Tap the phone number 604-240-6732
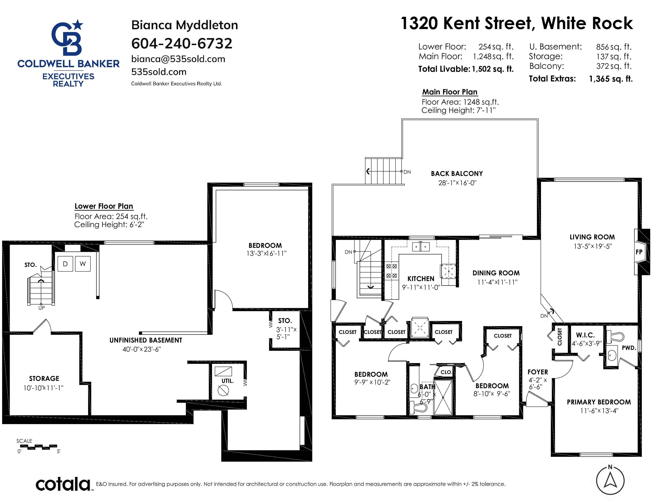pyautogui.click(x=182, y=44)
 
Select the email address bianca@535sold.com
pyautogui.click(x=178, y=59)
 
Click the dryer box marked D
pyautogui.click(x=65, y=264)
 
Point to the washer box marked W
pyautogui.click(x=83, y=264)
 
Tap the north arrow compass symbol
pyautogui.click(x=610, y=480)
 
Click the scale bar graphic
pyautogui.click(x=38, y=447)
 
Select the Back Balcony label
pyautogui.click(x=457, y=174)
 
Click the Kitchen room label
pyautogui.click(x=421, y=278)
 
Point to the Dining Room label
pyautogui.click(x=496, y=273)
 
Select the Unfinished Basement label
pyautogui.click(x=146, y=340)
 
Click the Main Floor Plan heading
pyautogui.click(x=450, y=92)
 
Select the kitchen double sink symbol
pyautogui.click(x=421, y=247)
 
